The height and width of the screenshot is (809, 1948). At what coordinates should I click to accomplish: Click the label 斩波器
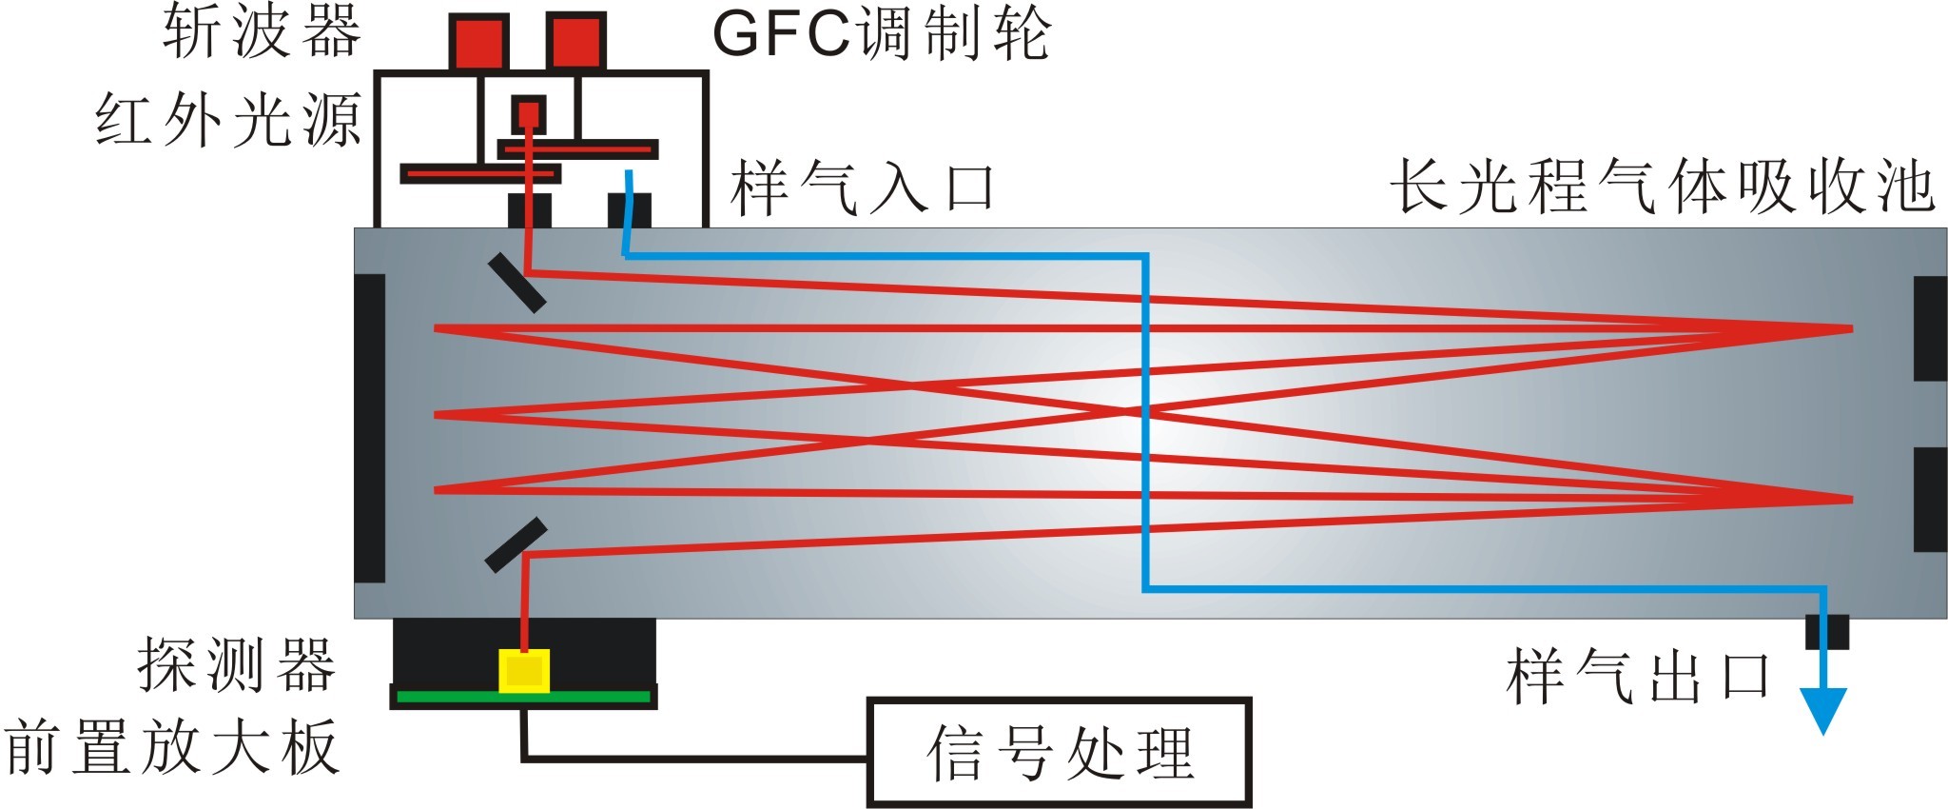click(x=262, y=32)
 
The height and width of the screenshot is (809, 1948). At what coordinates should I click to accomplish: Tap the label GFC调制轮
click(x=881, y=34)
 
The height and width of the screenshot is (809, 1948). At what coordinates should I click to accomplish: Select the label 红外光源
click(x=228, y=121)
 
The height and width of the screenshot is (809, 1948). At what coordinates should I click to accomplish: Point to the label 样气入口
click(x=863, y=187)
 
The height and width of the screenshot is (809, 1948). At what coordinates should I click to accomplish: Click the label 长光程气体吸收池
click(x=1663, y=185)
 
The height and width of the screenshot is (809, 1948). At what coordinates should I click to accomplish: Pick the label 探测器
click(x=238, y=663)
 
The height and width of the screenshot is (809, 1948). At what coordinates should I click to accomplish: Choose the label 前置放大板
click(x=172, y=747)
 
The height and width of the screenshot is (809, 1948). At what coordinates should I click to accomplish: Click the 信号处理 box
click(x=1059, y=753)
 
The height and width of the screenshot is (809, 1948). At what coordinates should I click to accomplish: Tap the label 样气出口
click(x=1638, y=677)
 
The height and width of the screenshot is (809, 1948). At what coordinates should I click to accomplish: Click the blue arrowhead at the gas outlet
click(x=1823, y=709)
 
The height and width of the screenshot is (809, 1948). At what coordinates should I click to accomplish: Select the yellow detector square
click(x=524, y=671)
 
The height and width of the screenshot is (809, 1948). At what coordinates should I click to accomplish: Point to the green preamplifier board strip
click(x=523, y=697)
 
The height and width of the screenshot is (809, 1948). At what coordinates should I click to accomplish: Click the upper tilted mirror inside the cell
click(x=517, y=283)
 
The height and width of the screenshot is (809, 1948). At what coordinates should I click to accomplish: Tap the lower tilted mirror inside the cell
click(x=516, y=544)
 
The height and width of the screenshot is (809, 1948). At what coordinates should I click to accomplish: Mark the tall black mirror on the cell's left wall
click(x=370, y=427)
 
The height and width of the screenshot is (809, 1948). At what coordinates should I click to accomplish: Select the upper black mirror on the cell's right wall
click(x=1930, y=328)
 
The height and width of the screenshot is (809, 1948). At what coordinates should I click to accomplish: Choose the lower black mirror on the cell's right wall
click(x=1930, y=499)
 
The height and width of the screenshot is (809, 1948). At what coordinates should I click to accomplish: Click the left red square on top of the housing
click(x=477, y=42)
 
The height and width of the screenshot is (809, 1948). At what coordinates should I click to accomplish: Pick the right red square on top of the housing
click(x=575, y=42)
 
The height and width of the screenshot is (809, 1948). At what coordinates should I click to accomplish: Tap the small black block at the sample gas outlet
click(x=1827, y=631)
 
